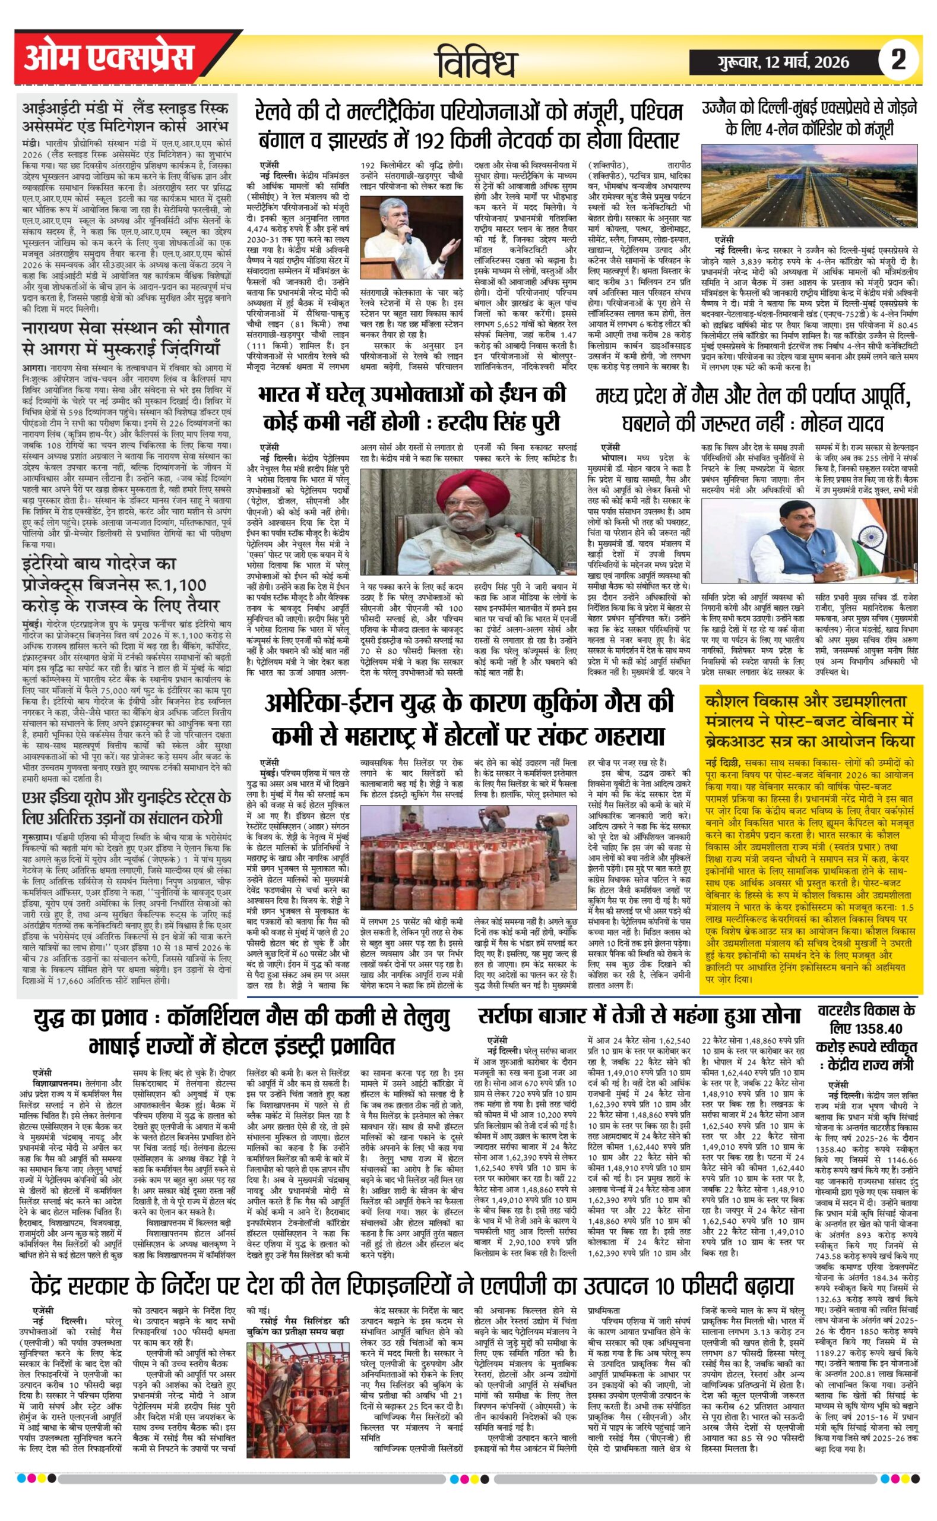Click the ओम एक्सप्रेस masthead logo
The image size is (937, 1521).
tap(109, 60)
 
